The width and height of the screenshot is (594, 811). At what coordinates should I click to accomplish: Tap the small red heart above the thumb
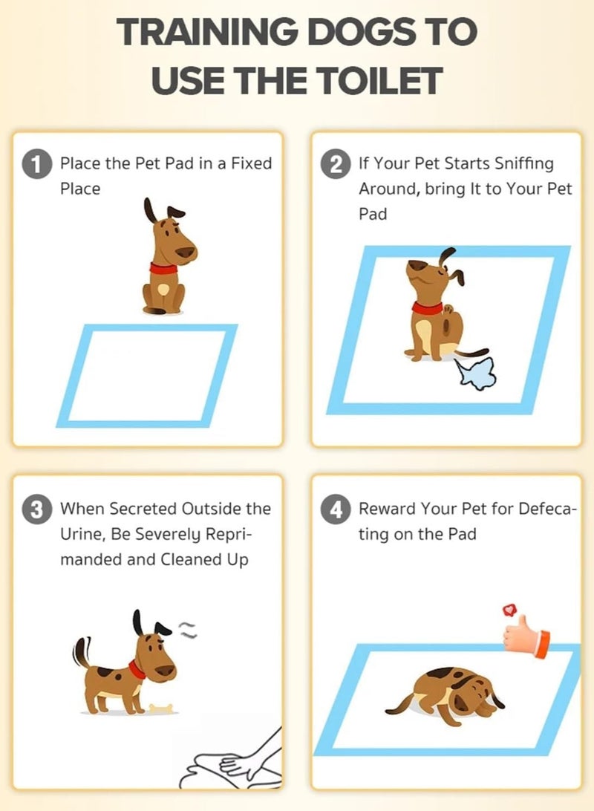click(x=509, y=610)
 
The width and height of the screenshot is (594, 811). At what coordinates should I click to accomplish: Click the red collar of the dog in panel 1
click(x=163, y=268)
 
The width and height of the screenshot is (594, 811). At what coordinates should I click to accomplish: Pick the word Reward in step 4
click(x=388, y=509)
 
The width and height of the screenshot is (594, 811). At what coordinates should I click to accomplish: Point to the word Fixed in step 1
click(x=251, y=163)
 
